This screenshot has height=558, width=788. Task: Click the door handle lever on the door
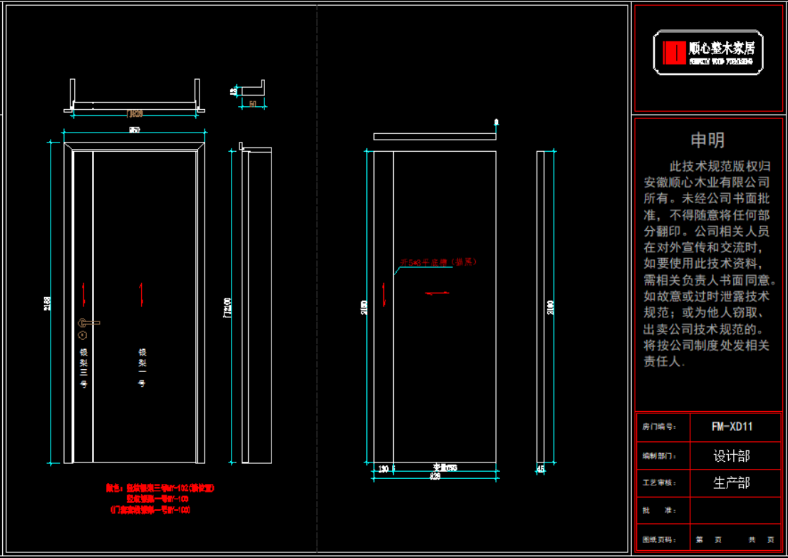click(89, 323)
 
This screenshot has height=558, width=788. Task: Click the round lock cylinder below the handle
click(83, 335)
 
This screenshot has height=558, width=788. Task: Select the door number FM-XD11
click(732, 427)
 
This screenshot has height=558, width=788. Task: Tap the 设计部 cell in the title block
click(732, 455)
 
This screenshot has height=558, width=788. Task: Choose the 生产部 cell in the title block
click(732, 482)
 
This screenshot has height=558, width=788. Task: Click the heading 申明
click(707, 140)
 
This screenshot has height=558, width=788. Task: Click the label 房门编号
click(659, 428)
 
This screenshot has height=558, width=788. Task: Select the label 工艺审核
click(659, 483)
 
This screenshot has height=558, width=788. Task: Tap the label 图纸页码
click(659, 539)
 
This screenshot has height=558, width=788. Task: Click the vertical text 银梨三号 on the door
click(83, 368)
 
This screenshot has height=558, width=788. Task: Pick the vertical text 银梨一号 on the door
click(142, 368)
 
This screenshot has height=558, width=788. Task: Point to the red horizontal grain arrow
click(437, 292)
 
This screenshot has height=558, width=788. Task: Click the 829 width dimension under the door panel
click(435, 476)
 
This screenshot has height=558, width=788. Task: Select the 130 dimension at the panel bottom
click(383, 468)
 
